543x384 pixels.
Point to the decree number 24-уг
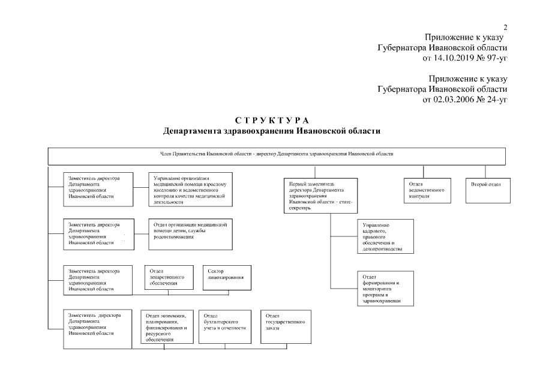494,99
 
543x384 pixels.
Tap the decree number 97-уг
494,58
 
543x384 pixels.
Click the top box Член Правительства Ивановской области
277,155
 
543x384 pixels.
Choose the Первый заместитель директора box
322,196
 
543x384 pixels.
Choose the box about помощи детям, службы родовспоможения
190,234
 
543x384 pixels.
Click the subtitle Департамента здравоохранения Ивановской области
271,131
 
